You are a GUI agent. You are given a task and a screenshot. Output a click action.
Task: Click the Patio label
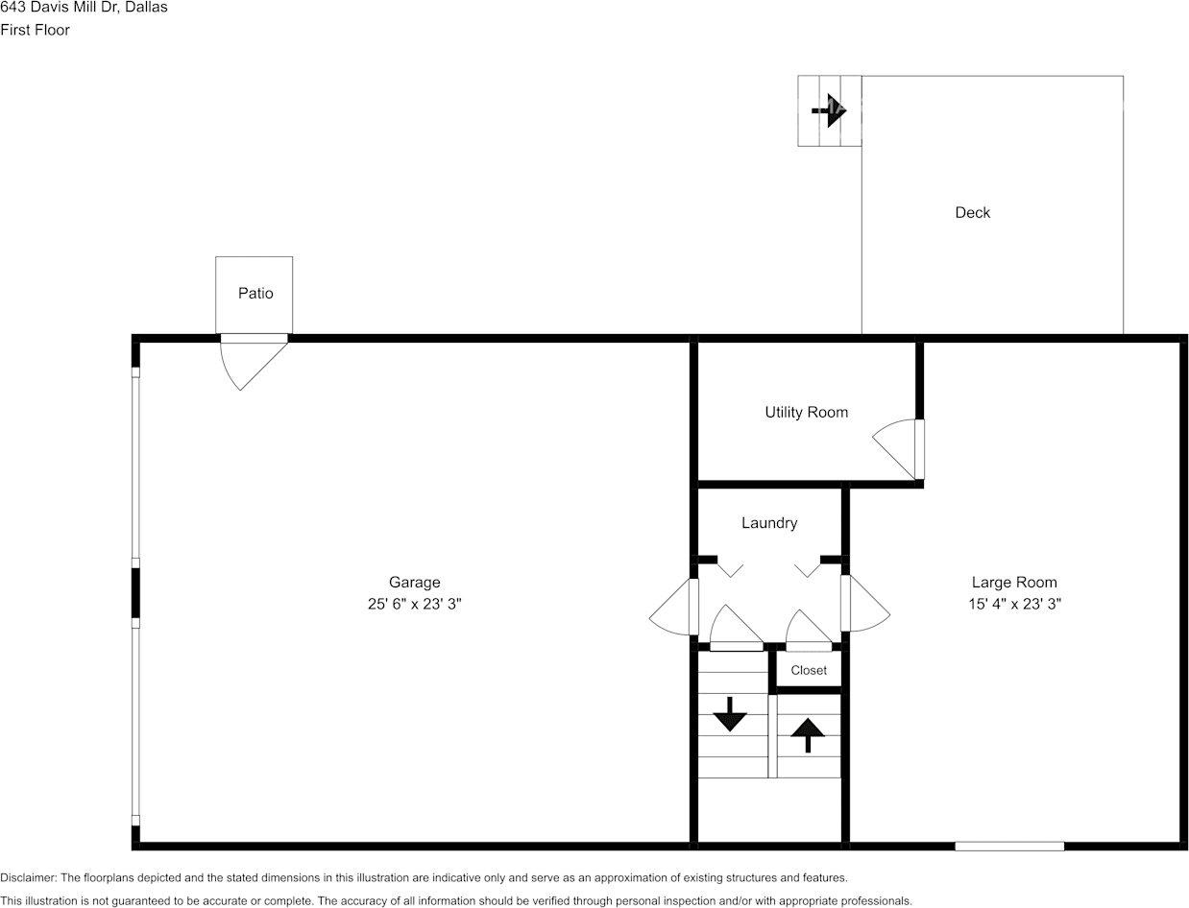[x=255, y=294]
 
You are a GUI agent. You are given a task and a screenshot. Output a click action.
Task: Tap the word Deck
[x=972, y=213]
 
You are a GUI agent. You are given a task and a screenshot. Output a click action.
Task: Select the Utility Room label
[x=807, y=413]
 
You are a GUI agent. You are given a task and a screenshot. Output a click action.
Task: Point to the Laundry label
[x=769, y=523]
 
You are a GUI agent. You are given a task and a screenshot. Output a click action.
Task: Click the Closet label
[x=809, y=670]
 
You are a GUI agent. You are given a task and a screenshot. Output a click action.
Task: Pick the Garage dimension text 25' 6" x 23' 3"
[x=414, y=604]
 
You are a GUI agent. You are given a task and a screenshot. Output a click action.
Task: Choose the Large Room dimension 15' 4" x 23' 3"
[x=1014, y=604]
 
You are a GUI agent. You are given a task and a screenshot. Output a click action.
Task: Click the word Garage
[x=414, y=583]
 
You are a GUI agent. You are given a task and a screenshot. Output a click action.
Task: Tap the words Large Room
[x=1014, y=583]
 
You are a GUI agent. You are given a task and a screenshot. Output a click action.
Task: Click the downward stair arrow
[x=730, y=714]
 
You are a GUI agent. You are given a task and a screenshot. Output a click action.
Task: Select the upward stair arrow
[x=808, y=735]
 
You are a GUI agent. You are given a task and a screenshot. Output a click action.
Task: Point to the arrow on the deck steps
[x=829, y=110]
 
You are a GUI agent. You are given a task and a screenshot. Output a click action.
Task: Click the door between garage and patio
[x=253, y=362]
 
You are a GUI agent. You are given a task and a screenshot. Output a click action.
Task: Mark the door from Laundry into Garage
[x=673, y=607]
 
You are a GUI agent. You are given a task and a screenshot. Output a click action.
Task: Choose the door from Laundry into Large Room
[x=865, y=603]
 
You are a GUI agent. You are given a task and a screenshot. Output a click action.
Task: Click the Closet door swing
[x=809, y=631]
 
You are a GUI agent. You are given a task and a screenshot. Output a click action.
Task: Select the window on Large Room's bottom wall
[x=1009, y=847]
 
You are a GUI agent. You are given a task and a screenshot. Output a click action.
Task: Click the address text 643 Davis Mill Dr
[x=60, y=8]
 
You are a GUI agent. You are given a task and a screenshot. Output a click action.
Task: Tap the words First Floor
[x=36, y=30]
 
